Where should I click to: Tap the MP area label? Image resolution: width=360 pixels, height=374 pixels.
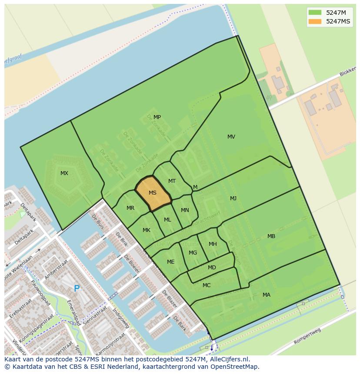click(157, 117)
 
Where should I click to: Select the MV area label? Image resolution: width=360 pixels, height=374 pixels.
click(231, 137)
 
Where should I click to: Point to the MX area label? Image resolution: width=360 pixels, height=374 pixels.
click(64, 173)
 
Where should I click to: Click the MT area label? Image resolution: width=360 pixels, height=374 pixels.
click(172, 181)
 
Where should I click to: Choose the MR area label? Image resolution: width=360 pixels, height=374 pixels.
click(130, 208)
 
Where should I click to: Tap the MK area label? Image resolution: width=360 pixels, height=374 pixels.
click(147, 230)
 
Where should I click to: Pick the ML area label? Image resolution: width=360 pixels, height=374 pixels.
click(167, 220)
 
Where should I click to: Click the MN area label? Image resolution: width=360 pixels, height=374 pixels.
click(185, 210)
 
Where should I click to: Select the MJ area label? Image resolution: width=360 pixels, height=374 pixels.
click(233, 199)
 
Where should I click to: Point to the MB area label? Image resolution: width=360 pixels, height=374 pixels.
click(271, 236)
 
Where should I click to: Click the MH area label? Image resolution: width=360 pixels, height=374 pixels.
click(213, 244)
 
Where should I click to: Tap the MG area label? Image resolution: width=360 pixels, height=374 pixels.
click(193, 253)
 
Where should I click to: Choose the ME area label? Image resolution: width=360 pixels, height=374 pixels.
click(171, 262)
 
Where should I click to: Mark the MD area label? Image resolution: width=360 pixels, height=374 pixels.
click(212, 268)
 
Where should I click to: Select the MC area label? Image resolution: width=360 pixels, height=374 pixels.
click(207, 285)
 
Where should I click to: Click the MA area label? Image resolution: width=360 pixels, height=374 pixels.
click(267, 295)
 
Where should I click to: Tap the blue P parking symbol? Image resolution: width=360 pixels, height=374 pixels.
click(77, 288)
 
